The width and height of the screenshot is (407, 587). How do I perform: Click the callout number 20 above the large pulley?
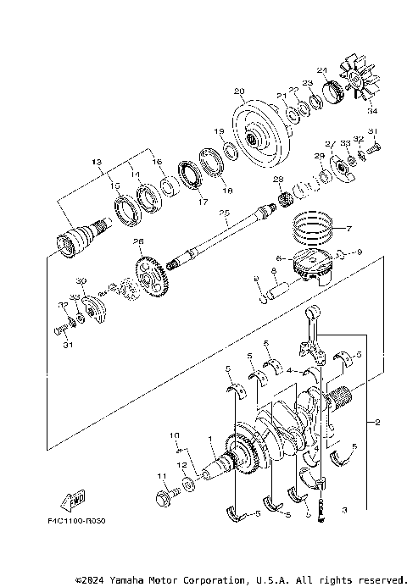point(238,91)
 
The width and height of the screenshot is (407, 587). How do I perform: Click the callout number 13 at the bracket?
point(96,161)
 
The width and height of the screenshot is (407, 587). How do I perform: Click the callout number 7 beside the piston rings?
point(346,229)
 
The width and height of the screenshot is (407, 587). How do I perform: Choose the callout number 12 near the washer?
point(181,465)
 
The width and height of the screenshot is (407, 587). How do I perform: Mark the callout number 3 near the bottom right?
point(344,510)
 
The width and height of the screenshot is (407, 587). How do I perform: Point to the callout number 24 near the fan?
point(321,70)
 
